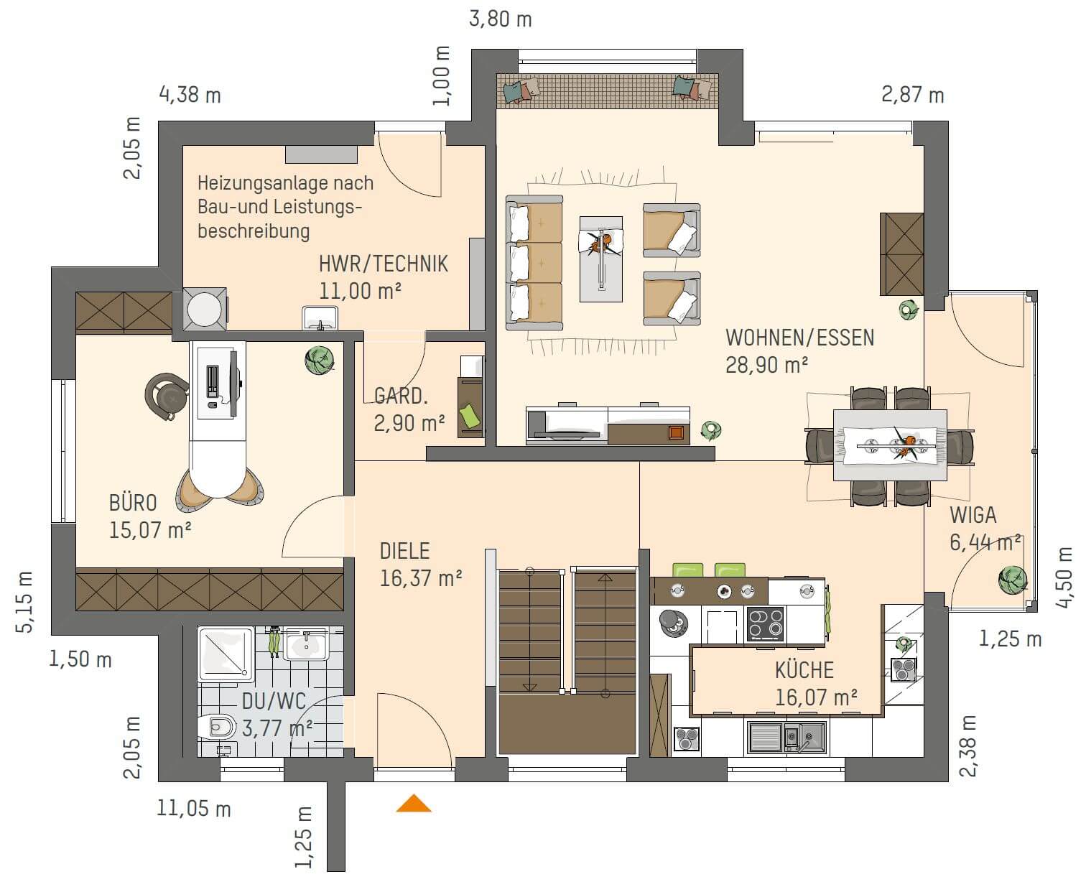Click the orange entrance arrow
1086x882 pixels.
[x=414, y=804]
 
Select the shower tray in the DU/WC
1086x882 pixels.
[x=226, y=654]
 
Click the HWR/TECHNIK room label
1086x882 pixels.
[x=383, y=264]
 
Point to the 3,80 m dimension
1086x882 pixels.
[x=500, y=19]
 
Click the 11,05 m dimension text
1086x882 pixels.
[x=194, y=809]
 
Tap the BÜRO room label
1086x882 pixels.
[x=133, y=503]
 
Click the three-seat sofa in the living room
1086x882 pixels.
[x=534, y=263]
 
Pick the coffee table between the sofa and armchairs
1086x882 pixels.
[x=601, y=259]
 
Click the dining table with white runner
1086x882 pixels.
[x=890, y=445]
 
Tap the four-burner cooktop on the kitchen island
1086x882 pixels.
[x=765, y=623]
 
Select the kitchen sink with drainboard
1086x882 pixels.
[x=786, y=737]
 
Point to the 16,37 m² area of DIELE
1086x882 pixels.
[x=421, y=578]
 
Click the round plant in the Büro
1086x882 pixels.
[x=320, y=360]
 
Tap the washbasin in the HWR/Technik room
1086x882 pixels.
[x=320, y=317]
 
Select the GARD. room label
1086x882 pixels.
[x=401, y=396]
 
